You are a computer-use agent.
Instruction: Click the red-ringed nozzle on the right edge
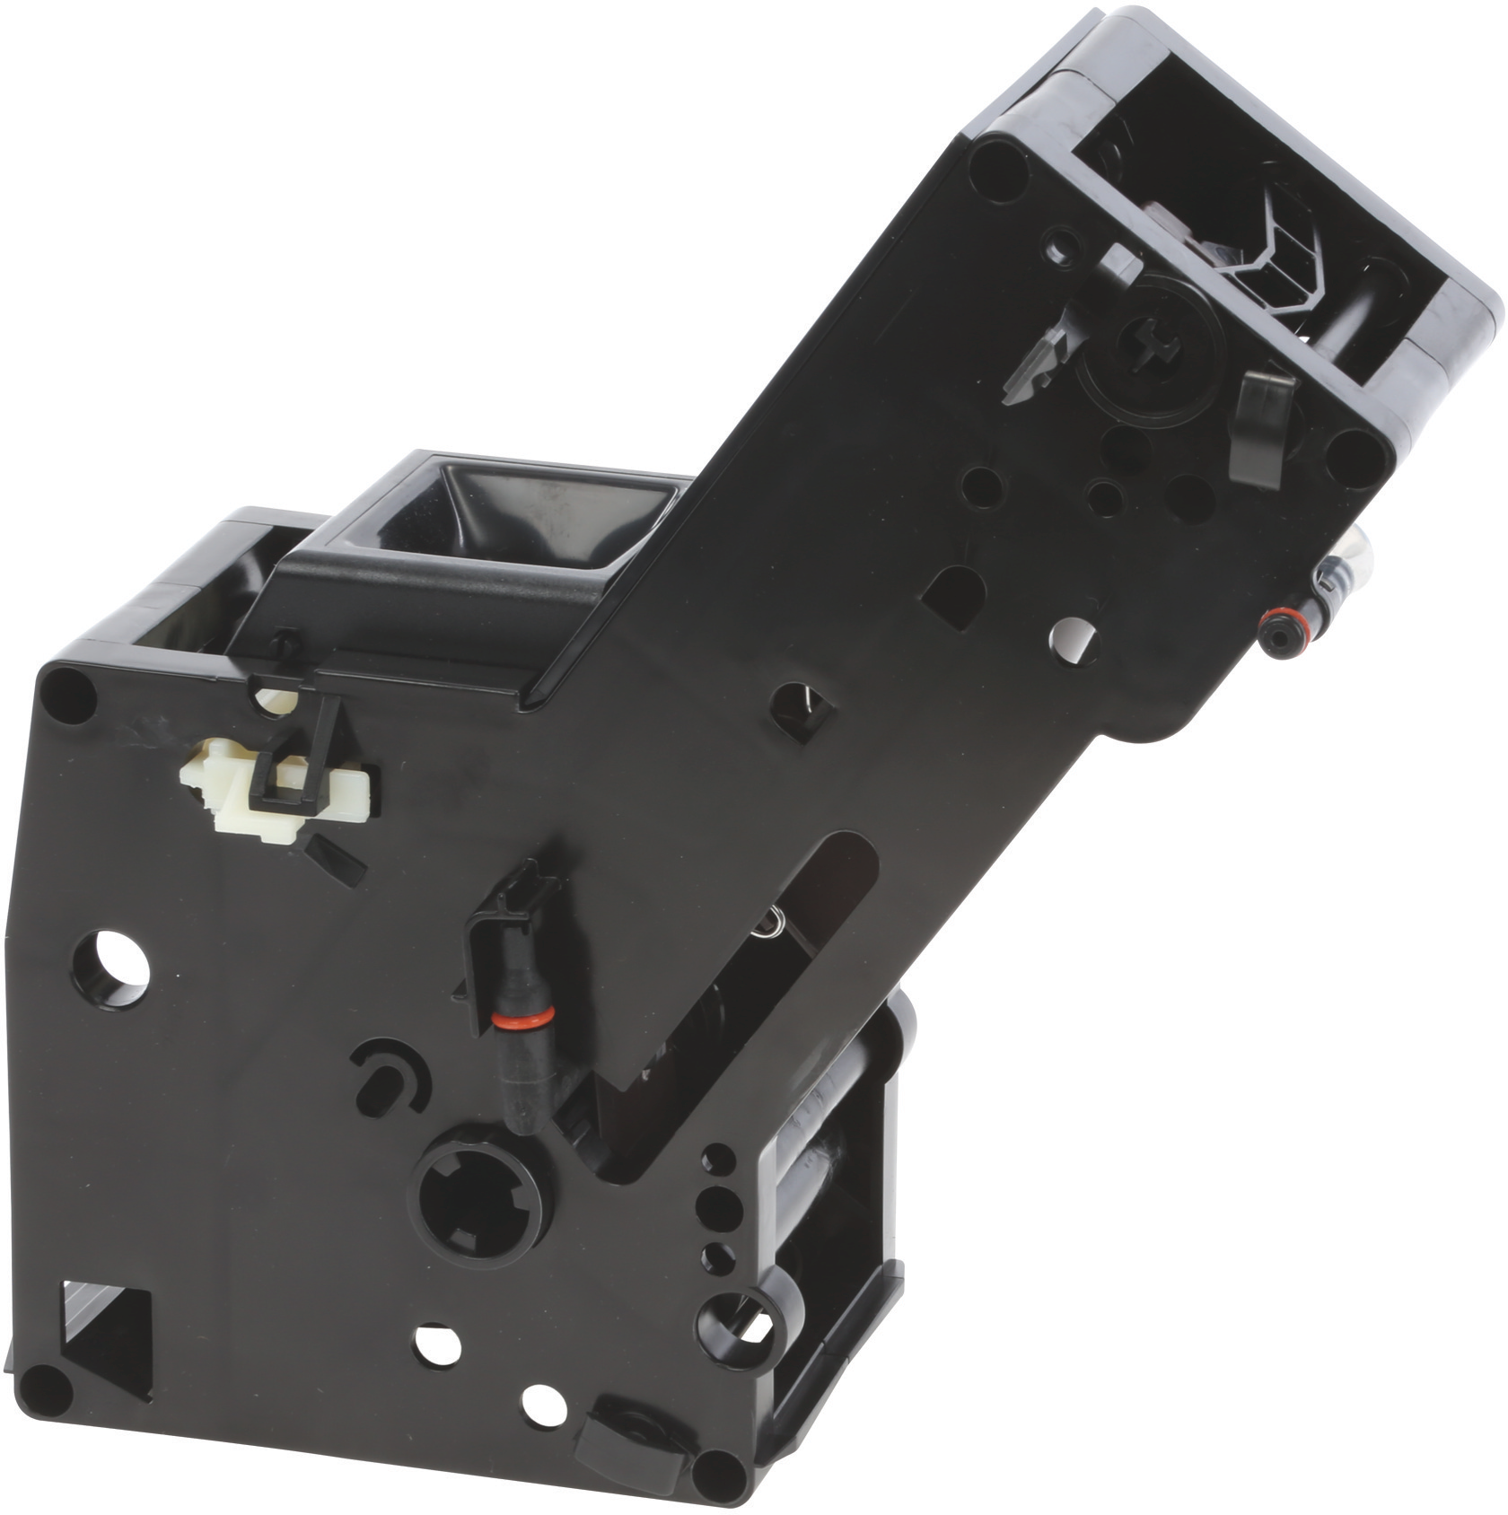tap(1277, 619)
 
